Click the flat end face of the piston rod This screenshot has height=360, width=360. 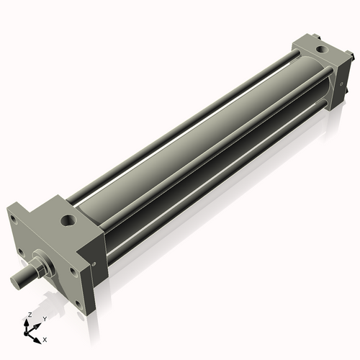(x=15, y=281)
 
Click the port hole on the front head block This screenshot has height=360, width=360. (x=68, y=219)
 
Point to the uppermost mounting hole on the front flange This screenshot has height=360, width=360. (x=13, y=220)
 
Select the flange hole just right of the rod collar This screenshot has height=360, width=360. (x=73, y=271)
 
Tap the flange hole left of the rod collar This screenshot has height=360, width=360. (x=21, y=253)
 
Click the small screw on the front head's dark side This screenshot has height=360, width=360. (x=94, y=264)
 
